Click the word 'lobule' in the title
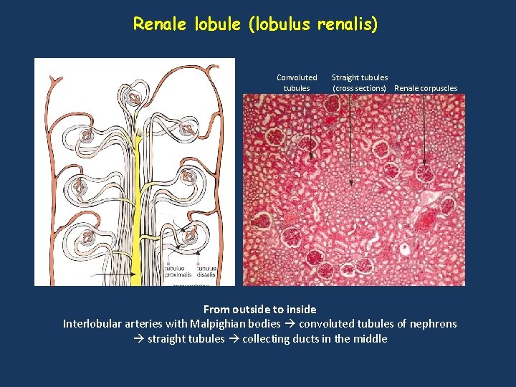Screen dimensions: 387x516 pyautogui.click(x=218, y=24)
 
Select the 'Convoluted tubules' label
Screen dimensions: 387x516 pyautogui.click(x=297, y=82)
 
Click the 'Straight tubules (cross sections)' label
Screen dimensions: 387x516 pyautogui.click(x=359, y=82)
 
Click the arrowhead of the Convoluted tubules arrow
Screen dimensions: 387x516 pyautogui.click(x=312, y=156)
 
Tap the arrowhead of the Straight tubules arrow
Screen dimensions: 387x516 pyautogui.click(x=350, y=183)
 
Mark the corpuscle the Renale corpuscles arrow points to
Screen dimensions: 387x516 pyautogui.click(x=424, y=173)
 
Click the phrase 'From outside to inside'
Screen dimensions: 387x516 pyautogui.click(x=259, y=310)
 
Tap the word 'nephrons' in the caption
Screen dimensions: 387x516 pyautogui.click(x=432, y=324)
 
